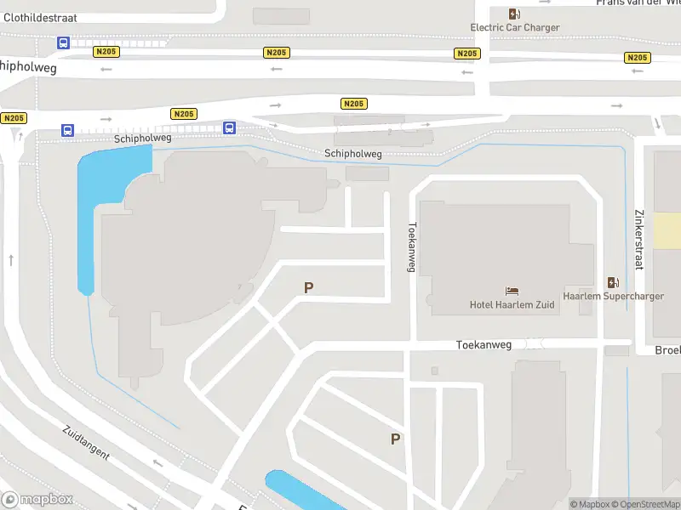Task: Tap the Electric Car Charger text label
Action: coord(515,27)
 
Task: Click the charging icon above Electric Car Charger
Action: coord(514,13)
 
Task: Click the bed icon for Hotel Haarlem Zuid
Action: coord(512,292)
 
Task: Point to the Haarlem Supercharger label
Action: coord(613,297)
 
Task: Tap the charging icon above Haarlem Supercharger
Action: coord(613,282)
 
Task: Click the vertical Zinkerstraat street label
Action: coord(638,240)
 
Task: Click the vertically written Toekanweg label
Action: coord(412,247)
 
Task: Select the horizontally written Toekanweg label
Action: coord(484,345)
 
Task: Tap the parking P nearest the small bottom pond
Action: coord(395,439)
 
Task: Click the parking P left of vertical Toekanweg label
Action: coord(308,288)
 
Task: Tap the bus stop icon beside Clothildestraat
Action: coord(63,42)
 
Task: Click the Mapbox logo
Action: coord(37,500)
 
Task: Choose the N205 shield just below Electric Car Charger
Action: coord(466,54)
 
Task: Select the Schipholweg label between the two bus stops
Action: coord(143,138)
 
